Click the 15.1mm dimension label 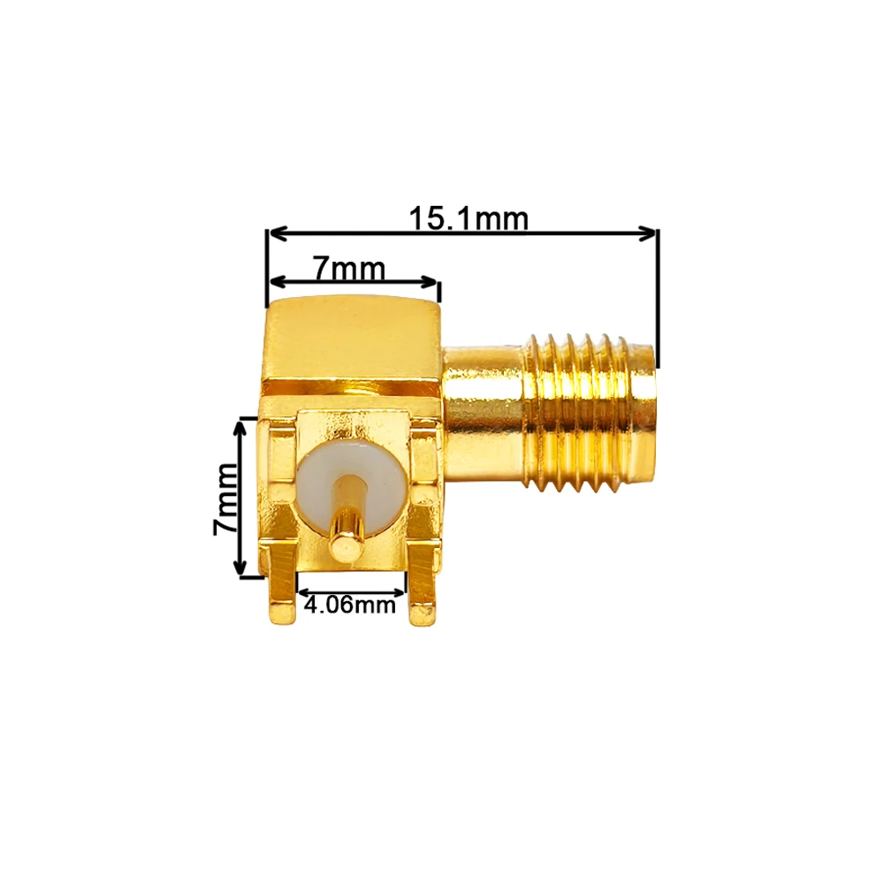(469, 218)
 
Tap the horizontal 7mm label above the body (349, 269)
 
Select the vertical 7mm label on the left (225, 499)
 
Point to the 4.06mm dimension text (349, 605)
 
